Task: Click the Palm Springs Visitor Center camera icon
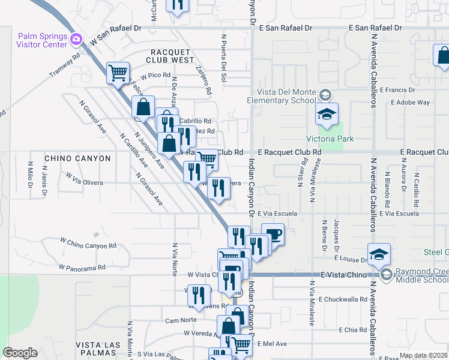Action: click(x=76, y=40)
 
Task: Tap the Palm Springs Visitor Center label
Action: click(x=42, y=40)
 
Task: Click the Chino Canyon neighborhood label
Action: click(x=77, y=158)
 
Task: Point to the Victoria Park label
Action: click(x=330, y=139)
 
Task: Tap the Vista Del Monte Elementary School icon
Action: click(x=325, y=95)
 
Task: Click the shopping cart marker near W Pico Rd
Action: click(x=118, y=73)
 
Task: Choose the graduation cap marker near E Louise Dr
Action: click(x=379, y=253)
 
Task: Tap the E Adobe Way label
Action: click(x=410, y=103)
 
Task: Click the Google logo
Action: click(x=20, y=353)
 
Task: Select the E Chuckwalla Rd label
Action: click(x=343, y=299)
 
